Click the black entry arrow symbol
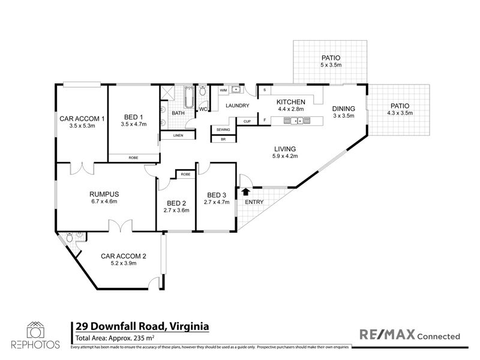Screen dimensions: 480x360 click(246, 191)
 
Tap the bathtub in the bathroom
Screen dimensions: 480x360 click(189, 97)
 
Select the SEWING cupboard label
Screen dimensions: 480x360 click(223, 130)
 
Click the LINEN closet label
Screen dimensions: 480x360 click(178, 136)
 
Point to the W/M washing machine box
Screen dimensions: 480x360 click(223, 91)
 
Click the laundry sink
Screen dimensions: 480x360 click(236, 89)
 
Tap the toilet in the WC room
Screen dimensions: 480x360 click(203, 91)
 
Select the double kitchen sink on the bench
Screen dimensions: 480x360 click(296, 121)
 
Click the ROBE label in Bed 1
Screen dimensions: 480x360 click(133, 158)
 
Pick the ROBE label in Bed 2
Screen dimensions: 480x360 click(185, 174)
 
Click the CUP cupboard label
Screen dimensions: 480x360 click(247, 121)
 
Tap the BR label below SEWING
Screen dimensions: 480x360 click(223, 139)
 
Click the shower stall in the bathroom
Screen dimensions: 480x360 click(167, 92)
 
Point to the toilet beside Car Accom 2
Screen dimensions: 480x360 click(70, 237)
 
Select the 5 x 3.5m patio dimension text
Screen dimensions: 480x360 click(331, 65)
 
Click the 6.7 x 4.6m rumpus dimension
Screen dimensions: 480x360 click(104, 202)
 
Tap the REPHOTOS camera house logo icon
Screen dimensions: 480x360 click(35, 330)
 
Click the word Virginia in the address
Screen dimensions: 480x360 click(189, 326)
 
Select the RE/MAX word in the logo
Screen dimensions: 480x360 click(387, 334)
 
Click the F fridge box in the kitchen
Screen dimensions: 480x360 click(265, 121)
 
